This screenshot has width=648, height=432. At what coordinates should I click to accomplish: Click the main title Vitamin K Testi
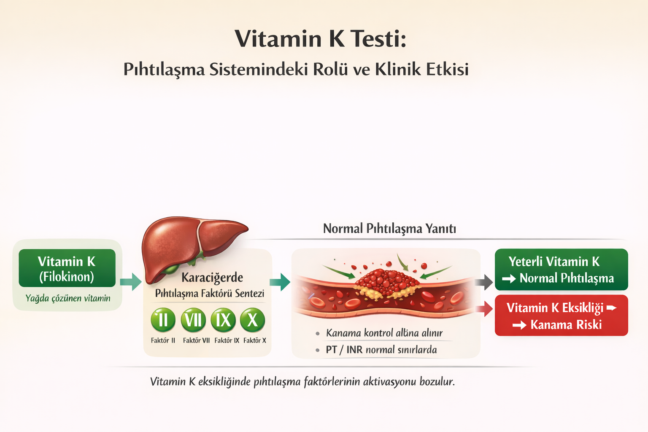320,39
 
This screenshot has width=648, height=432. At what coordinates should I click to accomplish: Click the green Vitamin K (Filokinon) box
67,268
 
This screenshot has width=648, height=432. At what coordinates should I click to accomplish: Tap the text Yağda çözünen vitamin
68,298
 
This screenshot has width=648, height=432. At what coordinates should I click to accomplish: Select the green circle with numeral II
163,320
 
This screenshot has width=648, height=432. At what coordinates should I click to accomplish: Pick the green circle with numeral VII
193,320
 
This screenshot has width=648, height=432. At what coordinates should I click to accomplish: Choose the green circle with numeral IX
223,320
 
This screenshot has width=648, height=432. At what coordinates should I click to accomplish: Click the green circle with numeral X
252,320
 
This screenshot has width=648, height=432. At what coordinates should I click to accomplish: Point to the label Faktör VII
196,340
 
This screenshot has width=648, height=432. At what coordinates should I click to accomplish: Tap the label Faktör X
254,340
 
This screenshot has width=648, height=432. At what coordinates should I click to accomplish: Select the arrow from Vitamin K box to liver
131,282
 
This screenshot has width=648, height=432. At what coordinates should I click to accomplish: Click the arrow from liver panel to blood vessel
280,282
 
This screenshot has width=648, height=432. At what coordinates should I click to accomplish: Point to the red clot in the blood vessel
386,281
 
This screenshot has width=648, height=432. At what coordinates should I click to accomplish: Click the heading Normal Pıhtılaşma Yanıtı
389,229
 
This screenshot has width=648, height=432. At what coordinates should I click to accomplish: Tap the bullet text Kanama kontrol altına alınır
384,333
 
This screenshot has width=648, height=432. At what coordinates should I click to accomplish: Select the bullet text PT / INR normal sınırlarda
381,350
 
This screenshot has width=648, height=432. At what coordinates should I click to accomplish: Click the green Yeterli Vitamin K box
561,270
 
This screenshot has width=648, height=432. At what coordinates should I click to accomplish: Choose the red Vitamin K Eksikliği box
561,316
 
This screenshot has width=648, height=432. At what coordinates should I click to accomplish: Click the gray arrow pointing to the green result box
485,282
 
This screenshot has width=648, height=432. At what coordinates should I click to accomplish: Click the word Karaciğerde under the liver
212,278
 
